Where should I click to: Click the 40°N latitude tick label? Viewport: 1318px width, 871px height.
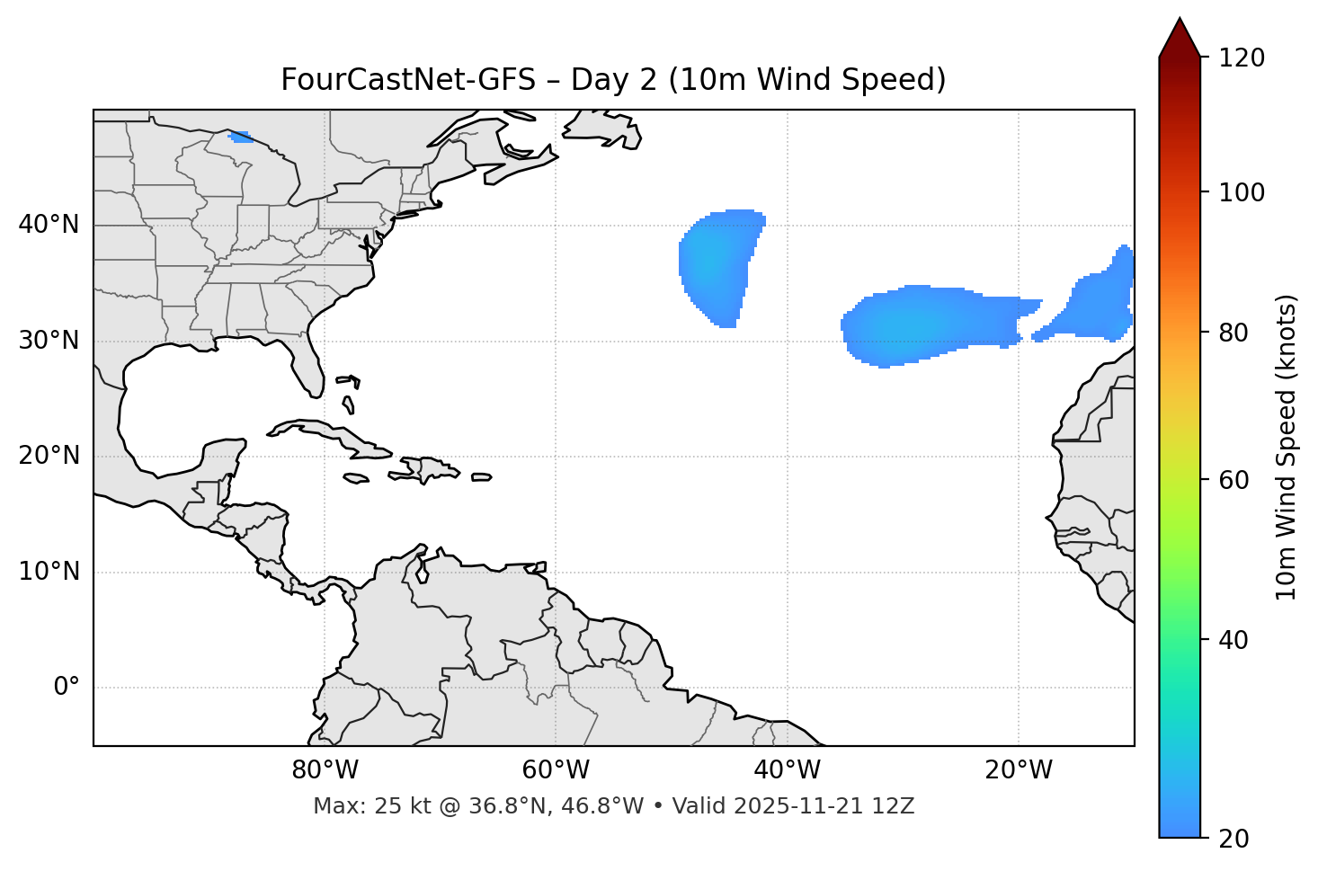(49, 225)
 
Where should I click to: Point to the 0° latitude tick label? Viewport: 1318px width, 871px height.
(67, 688)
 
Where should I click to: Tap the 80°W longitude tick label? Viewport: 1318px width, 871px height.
(325, 770)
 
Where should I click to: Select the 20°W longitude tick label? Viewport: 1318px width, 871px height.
(1019, 770)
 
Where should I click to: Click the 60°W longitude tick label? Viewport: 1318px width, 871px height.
(555, 770)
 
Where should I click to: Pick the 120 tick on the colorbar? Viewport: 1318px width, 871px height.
(1242, 58)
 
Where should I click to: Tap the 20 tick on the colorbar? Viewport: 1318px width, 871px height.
(1233, 839)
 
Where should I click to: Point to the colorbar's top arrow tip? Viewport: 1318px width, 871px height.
(1180, 18)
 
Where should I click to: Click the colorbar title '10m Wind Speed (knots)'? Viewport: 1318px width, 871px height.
(1287, 447)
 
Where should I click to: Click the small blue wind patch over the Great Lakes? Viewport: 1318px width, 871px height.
(240, 137)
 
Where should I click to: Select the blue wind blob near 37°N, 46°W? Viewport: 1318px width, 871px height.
(717, 265)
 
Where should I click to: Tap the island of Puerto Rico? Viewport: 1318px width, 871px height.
(482, 477)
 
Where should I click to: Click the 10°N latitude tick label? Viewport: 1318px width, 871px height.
(49, 572)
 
